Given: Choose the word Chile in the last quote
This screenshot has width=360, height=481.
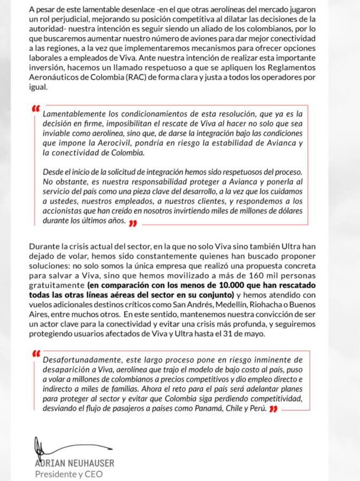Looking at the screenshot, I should pyautogui.click(x=247, y=409).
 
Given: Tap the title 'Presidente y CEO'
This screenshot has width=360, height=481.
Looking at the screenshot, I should pyautogui.click(x=68, y=474).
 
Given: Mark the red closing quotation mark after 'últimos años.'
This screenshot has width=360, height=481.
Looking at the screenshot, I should pyautogui.click(x=133, y=224).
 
